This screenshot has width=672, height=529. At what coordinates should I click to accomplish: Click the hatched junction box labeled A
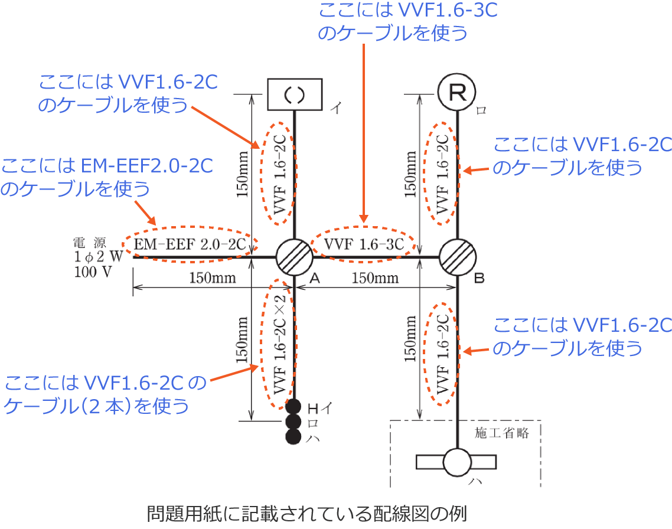pyautogui.click(x=294, y=257)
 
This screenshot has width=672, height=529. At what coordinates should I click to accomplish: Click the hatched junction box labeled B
pyautogui.click(x=458, y=257)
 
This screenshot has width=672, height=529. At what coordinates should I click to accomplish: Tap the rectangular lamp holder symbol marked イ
pyautogui.click(x=294, y=94)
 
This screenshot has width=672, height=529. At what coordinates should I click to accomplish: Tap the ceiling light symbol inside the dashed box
pyautogui.click(x=457, y=462)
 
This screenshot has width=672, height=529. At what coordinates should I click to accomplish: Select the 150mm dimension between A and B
pyautogui.click(x=376, y=277)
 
